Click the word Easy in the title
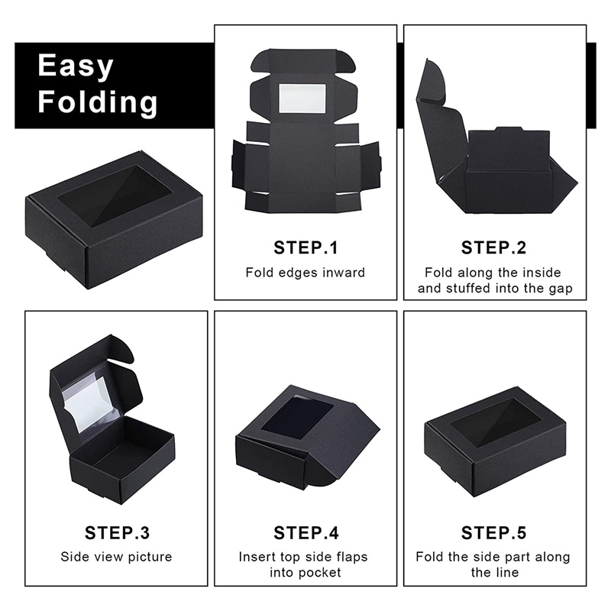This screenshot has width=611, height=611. pyautogui.click(x=76, y=66)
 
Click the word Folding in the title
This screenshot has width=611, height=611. pyautogui.click(x=98, y=102)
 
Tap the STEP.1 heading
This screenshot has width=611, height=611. pyautogui.click(x=306, y=247)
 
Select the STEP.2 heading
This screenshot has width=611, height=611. pyautogui.click(x=493, y=247)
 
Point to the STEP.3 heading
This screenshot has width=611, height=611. pyautogui.click(x=117, y=533)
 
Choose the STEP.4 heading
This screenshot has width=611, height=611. pyautogui.click(x=306, y=533)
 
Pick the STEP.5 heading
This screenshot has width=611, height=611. pyautogui.click(x=493, y=533)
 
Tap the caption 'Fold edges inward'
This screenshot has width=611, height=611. pyautogui.click(x=305, y=273)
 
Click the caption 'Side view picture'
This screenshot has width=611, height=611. pyautogui.click(x=117, y=557)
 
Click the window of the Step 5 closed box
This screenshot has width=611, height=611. pyautogui.click(x=496, y=422)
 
